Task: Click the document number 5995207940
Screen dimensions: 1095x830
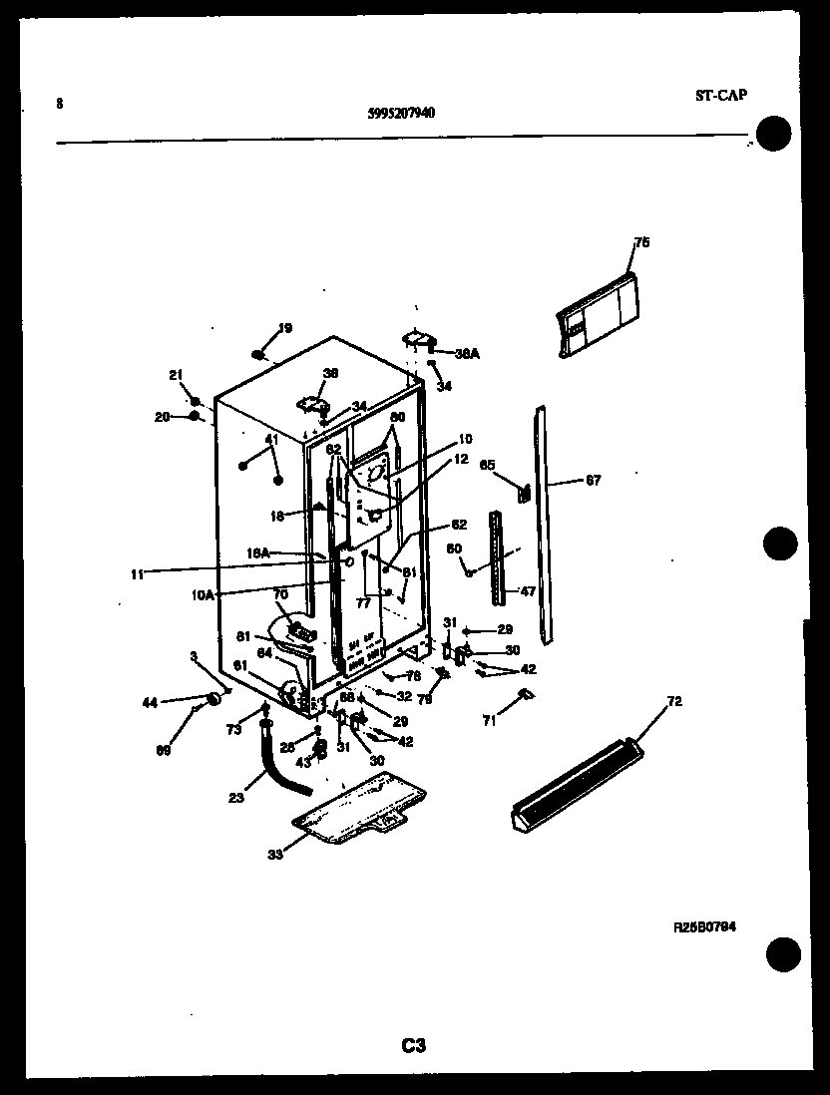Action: tap(401, 113)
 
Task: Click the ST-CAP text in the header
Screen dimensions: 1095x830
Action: tap(721, 96)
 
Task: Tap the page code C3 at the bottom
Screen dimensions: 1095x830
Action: tap(414, 1045)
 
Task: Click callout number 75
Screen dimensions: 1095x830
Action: tap(641, 242)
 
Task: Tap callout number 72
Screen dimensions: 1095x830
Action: tap(674, 702)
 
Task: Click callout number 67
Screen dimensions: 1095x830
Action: tap(593, 481)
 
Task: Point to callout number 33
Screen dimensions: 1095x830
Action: tap(274, 854)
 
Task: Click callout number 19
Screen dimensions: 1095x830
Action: tap(284, 328)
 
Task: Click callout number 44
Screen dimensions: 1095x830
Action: tap(150, 703)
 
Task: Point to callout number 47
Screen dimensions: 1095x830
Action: tap(527, 591)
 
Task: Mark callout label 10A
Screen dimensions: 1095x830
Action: tap(203, 594)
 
